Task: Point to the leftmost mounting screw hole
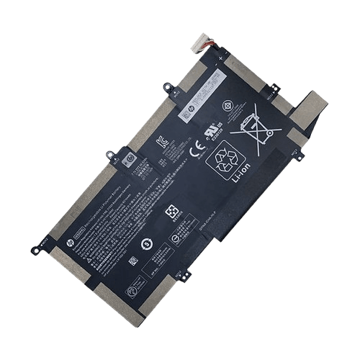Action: pos(34,250)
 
